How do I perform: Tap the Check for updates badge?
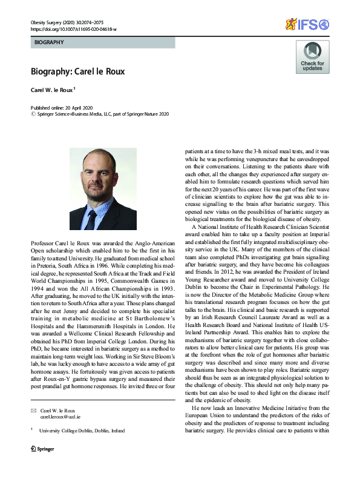point(312,58)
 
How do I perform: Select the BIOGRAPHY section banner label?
point(48,43)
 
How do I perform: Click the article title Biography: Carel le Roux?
point(77,71)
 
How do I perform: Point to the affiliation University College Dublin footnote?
point(82,431)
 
